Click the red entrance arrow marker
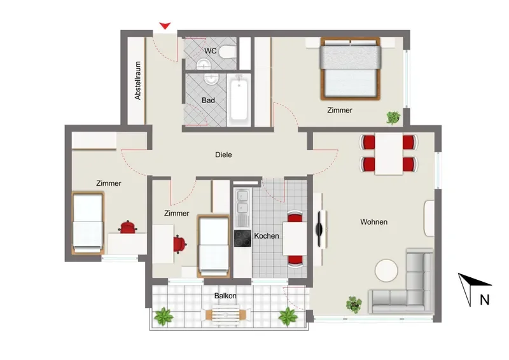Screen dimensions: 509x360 tap(165, 25)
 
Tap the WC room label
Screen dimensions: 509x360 tap(211, 51)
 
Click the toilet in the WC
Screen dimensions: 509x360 tap(227, 52)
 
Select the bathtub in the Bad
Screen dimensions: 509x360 tap(239, 100)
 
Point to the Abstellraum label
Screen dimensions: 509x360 tap(138, 81)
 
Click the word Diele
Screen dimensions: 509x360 tap(223, 155)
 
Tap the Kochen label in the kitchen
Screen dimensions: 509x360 tap(266, 236)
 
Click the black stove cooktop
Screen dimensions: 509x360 tap(242, 239)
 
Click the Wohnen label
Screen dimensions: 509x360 tap(373, 222)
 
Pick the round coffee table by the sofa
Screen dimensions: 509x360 tap(386, 270)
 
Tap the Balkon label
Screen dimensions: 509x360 tap(225, 296)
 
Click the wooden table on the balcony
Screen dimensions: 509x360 tap(226, 314)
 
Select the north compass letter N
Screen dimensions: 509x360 tap(484, 300)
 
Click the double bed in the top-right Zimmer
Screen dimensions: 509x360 tap(350, 69)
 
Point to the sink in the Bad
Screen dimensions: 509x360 tap(211, 79)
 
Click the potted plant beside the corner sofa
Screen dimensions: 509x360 tap(354, 305)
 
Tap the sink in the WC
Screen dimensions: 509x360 tap(204, 64)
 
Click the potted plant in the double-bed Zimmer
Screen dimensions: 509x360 tap(393, 118)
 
